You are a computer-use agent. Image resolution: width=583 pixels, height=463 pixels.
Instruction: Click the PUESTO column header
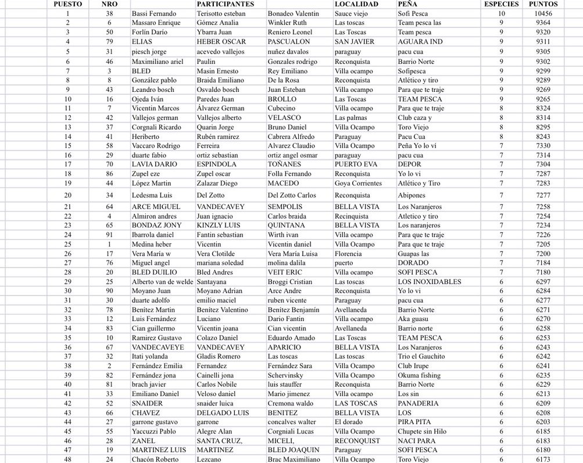coord(68,4)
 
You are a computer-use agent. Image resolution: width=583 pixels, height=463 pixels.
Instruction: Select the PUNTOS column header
coord(543,4)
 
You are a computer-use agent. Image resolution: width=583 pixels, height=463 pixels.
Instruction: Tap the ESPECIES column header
coord(501,4)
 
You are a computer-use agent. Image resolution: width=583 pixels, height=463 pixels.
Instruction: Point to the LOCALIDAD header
coord(356,4)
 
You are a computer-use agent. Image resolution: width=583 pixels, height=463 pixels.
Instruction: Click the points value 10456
coord(543,13)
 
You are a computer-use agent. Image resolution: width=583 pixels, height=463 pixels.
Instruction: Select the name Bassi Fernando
coord(154,13)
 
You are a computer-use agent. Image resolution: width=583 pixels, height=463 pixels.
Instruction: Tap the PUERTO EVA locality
coord(356,165)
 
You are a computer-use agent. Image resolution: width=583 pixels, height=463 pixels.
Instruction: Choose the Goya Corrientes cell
coord(358,183)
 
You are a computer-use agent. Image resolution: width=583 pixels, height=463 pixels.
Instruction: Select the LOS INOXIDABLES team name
coord(430,282)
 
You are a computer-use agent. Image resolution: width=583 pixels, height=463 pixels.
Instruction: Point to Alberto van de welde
coord(162,282)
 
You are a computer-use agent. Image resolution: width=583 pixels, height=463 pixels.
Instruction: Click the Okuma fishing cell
coord(419,375)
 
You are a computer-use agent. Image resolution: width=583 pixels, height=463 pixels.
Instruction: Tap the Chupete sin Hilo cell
coord(422,432)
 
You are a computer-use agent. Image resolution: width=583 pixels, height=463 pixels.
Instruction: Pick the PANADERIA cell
coord(419,403)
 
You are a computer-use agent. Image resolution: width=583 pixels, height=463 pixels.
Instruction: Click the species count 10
coord(501,13)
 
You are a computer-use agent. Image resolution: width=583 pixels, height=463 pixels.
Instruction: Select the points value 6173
coord(543,460)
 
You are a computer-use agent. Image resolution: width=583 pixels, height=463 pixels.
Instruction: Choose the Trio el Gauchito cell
coord(421,357)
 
